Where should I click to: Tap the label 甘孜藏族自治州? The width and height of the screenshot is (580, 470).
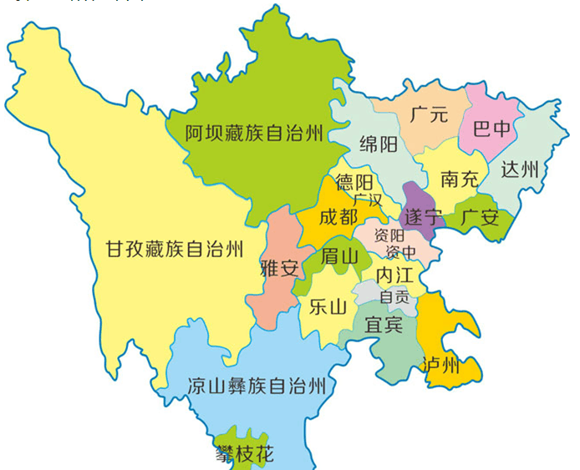(x=175, y=249)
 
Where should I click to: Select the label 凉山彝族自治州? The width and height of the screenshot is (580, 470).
(x=256, y=386)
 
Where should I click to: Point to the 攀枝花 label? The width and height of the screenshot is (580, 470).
(x=244, y=454)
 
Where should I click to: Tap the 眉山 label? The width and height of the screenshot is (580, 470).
(x=339, y=256)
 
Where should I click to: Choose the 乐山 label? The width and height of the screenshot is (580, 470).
(x=328, y=306)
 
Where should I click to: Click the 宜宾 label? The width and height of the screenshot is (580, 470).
(x=384, y=325)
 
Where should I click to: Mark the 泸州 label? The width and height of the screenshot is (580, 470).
(x=441, y=365)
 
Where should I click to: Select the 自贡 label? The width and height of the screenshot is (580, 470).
(x=394, y=296)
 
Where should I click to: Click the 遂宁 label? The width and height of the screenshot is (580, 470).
(x=422, y=217)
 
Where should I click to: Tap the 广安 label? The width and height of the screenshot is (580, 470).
(x=480, y=219)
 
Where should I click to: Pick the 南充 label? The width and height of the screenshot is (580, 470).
(x=460, y=179)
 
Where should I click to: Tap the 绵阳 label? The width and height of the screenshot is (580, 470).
(x=378, y=144)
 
